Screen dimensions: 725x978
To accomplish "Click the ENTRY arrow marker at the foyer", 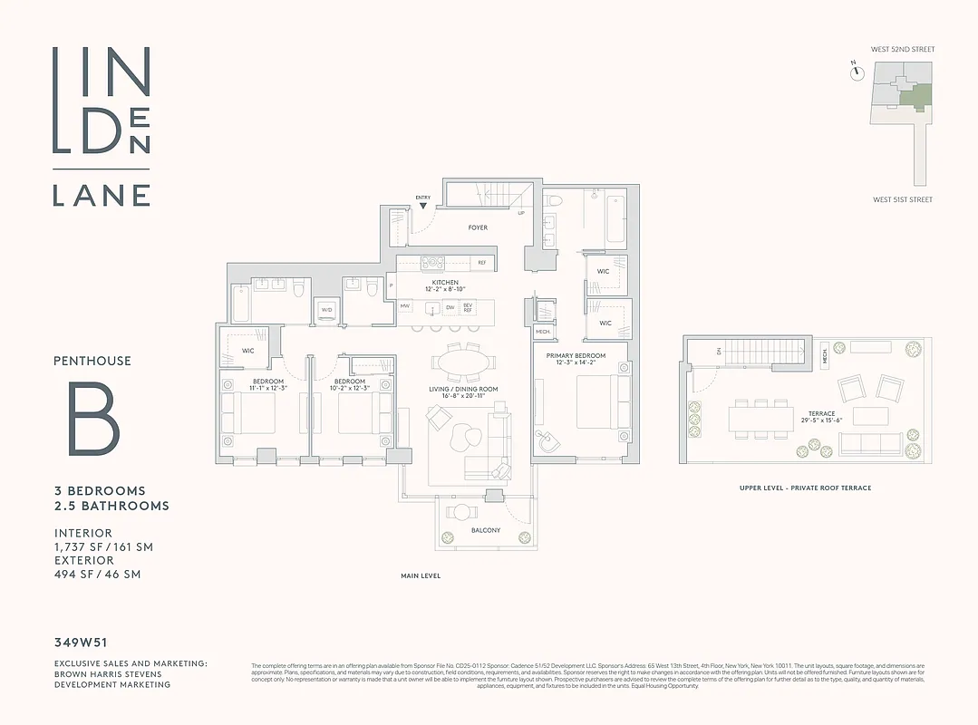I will pyautogui.click(x=422, y=207).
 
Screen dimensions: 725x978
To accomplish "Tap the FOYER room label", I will pyautogui.click(x=478, y=227).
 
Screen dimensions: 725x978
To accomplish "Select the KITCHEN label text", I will pyautogui.click(x=445, y=283).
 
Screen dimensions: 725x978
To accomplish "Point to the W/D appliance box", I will pyautogui.click(x=326, y=310).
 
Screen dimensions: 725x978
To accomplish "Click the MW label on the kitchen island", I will pyautogui.click(x=405, y=307).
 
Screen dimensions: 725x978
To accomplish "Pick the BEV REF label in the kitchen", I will pyautogui.click(x=468, y=307).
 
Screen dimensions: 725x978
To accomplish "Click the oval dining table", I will pyautogui.click(x=463, y=362).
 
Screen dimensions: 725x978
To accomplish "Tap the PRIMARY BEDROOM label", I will pyautogui.click(x=575, y=356).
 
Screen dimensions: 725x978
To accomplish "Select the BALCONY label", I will pyautogui.click(x=486, y=530).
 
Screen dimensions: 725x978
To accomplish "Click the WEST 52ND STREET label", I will pyautogui.click(x=904, y=49).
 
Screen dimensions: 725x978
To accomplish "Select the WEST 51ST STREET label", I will pyautogui.click(x=903, y=199).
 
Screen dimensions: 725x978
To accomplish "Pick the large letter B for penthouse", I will pyautogui.click(x=93, y=419).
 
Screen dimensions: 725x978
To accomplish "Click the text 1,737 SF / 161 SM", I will pyautogui.click(x=102, y=546).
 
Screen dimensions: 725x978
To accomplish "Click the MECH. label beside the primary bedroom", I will pyautogui.click(x=543, y=333).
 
